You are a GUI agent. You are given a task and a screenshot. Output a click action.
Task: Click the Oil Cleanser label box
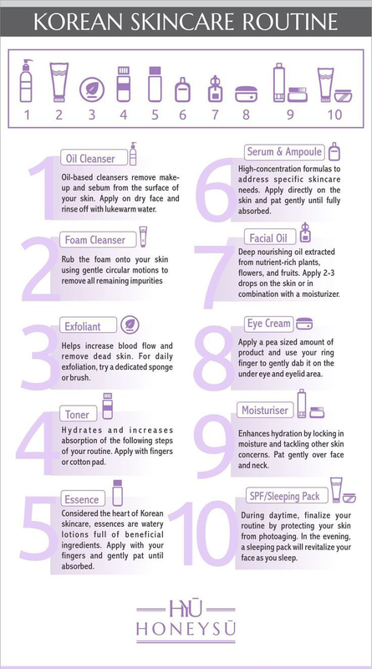[x=94, y=158]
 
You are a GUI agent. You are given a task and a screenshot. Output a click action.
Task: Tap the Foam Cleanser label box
[x=99, y=240]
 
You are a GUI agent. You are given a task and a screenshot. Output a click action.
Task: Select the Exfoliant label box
[x=88, y=326]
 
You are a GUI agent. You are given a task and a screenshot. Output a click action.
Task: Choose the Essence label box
[x=84, y=498]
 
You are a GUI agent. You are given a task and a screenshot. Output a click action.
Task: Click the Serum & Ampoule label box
[x=284, y=152]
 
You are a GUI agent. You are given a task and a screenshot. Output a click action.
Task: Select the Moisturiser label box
[x=265, y=411]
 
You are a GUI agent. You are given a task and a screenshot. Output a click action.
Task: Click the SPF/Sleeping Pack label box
[x=287, y=496]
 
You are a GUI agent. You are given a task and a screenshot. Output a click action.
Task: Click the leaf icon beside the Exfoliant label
[x=130, y=325]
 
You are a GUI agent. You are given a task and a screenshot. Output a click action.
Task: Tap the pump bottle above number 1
[x=26, y=80]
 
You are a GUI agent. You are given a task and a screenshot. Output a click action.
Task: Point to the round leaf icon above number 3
[x=92, y=90]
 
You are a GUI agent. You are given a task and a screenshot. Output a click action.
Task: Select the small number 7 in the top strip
[x=215, y=115]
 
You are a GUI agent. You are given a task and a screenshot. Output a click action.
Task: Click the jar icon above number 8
[x=246, y=94]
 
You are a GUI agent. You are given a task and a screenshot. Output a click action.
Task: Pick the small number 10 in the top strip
[x=335, y=115]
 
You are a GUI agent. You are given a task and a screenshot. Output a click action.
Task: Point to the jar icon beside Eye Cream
[x=304, y=324]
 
